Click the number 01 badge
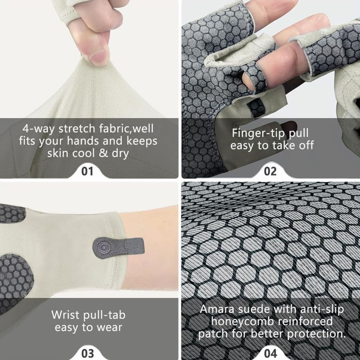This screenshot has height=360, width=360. [x=87, y=171]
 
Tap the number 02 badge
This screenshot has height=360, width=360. [x=270, y=171]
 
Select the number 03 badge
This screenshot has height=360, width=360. [x=87, y=354]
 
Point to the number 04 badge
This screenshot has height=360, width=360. [x=270, y=354]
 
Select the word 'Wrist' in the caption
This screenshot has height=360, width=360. [x=65, y=315]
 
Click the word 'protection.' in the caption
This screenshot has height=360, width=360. [x=316, y=334]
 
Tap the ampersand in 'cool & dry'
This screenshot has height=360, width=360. [x=103, y=153]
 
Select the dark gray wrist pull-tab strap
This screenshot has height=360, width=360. [x=118, y=247]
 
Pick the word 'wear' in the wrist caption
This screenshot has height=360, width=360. [x=109, y=327]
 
